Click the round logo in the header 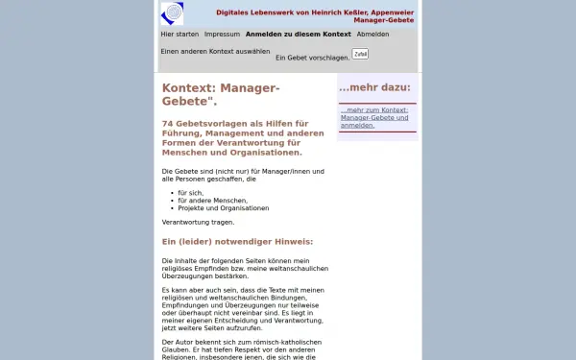click(172, 13)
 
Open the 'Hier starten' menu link click(180, 34)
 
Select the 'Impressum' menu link click(222, 34)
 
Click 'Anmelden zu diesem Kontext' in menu click(299, 34)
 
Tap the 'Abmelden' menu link click(372, 34)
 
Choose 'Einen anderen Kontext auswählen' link click(215, 50)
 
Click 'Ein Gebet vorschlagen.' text click(312, 58)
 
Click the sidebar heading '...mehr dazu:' click(374, 87)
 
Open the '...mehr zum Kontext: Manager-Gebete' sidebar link click(373, 117)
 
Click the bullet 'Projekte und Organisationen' click(223, 207)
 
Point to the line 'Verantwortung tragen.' click(198, 222)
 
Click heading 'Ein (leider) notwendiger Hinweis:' click(237, 241)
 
